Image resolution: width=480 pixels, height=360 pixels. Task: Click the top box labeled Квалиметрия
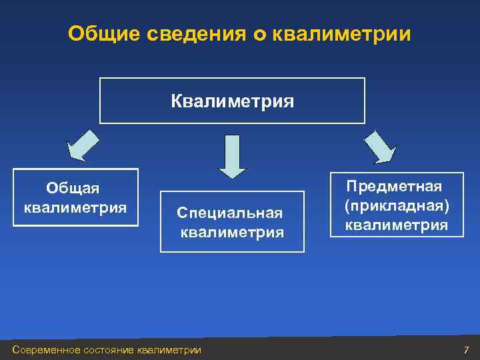click(232, 101)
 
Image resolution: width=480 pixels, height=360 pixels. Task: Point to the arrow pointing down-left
click(83, 145)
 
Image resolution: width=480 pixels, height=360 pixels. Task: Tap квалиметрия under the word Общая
click(75, 207)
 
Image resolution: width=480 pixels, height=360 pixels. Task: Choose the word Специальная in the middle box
click(230, 213)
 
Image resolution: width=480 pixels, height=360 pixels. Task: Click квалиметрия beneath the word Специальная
click(233, 233)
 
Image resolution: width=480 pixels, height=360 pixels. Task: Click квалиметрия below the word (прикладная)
click(397, 225)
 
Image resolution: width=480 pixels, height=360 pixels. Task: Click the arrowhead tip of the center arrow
click(233, 177)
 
